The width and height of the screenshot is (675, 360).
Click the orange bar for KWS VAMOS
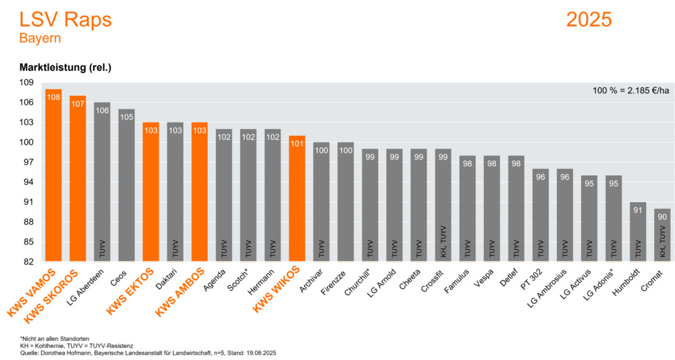[x=53, y=176]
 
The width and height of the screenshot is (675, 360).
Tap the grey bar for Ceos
[x=126, y=186]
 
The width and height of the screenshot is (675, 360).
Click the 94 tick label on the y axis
[x=28, y=182]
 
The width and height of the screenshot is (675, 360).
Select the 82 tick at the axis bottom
[x=28, y=261]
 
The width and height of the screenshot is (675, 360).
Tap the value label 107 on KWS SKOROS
[x=78, y=104]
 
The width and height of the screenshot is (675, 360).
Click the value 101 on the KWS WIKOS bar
[x=297, y=144]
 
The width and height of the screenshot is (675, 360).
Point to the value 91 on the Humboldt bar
[x=638, y=210]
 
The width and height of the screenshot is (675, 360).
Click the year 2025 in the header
[x=589, y=20]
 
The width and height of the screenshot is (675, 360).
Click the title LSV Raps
[x=65, y=20]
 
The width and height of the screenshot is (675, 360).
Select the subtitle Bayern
[x=40, y=38]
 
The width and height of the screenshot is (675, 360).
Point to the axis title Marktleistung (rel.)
[x=65, y=68]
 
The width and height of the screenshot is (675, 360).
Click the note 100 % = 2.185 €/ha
[x=630, y=91]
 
